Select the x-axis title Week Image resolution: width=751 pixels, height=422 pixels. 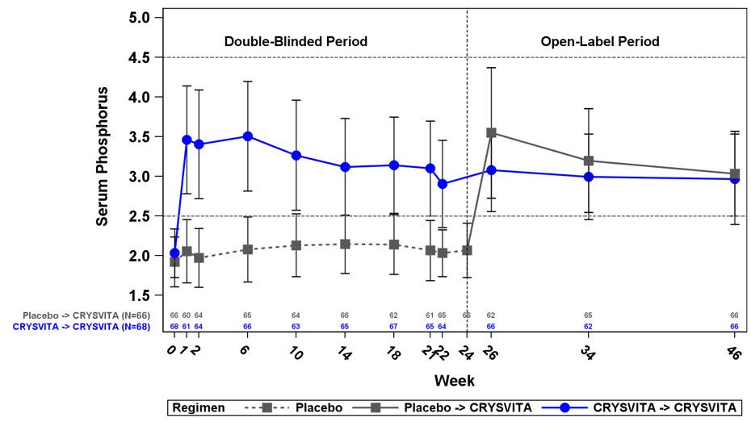pos(454,379)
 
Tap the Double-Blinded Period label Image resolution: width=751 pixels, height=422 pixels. pos(296,41)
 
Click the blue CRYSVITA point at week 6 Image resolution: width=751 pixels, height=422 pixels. pos(247,136)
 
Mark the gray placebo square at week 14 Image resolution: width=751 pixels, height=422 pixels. pos(345,244)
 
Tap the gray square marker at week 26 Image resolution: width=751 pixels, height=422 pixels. pos(491,132)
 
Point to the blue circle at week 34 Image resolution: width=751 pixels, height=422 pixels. pos(589,177)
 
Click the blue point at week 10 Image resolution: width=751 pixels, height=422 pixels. pos(296,155)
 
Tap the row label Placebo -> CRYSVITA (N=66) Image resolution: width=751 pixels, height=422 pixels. pos(90,315)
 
